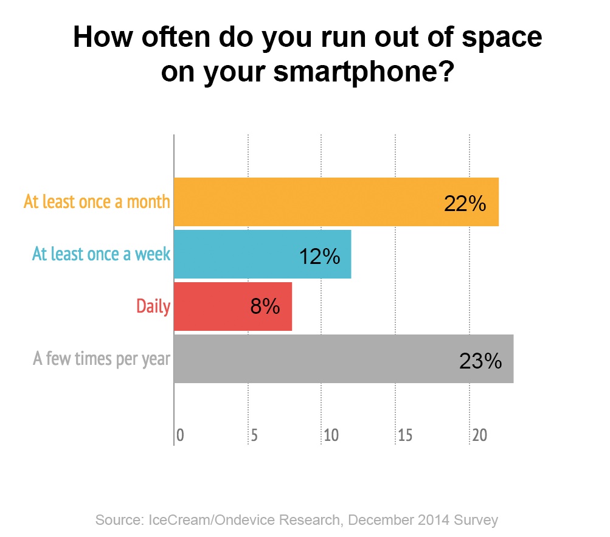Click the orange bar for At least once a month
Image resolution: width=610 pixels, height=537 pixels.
tap(336, 201)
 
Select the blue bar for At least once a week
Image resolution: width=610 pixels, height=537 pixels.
tap(263, 254)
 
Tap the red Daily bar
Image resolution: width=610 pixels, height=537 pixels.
tap(233, 307)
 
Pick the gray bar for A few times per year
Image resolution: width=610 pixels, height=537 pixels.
tap(344, 358)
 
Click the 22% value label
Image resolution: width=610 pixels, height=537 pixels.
tap(465, 204)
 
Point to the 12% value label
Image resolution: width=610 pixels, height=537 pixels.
tap(319, 257)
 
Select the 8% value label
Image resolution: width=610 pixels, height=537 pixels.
tap(265, 307)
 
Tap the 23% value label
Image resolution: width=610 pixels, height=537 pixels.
tap(480, 361)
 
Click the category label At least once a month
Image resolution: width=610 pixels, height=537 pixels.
tap(97, 201)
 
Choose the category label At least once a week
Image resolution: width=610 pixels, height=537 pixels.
tap(101, 254)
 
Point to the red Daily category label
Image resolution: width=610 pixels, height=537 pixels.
tap(153, 307)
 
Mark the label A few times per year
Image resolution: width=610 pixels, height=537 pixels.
tap(102, 359)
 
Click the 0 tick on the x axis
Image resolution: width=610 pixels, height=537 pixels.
tap(180, 435)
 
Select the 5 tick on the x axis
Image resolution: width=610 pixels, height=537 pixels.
tap(254, 435)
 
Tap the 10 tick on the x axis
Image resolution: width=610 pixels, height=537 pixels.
tap(331, 435)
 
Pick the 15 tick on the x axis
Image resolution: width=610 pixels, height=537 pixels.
tap(405, 435)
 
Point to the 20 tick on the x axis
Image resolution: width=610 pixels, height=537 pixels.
tap(479, 435)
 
